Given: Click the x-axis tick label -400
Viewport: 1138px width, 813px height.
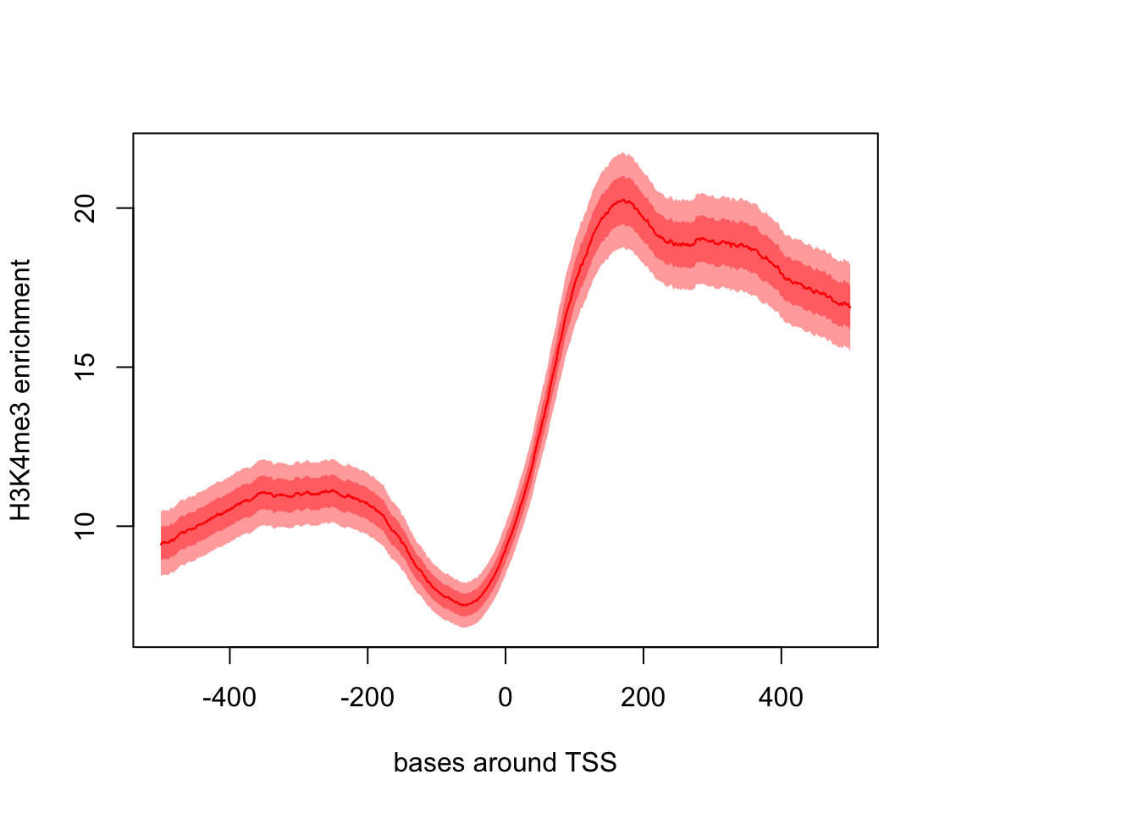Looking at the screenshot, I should (229, 698).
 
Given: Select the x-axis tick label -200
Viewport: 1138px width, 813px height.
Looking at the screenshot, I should (367, 698).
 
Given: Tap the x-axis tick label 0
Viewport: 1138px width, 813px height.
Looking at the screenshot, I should (505, 698).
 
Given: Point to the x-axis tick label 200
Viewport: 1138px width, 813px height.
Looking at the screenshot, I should (644, 698).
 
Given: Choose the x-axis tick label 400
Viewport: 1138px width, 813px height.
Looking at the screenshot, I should (781, 698).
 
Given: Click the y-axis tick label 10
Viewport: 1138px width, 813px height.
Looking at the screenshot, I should (86, 526).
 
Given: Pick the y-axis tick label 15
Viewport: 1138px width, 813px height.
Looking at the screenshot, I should (86, 367).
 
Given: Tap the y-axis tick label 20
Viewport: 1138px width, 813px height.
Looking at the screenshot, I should (86, 208).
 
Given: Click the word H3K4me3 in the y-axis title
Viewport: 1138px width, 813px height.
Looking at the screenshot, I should (21, 462).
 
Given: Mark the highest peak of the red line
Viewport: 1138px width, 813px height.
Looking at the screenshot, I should (623, 200).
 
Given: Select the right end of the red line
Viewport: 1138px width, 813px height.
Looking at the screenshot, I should (850, 307).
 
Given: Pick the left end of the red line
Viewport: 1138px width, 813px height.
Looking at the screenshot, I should (161, 544).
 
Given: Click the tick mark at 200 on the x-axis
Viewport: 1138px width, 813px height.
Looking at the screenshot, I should (644, 655).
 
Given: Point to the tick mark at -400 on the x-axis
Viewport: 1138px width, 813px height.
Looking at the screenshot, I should (229, 655).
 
